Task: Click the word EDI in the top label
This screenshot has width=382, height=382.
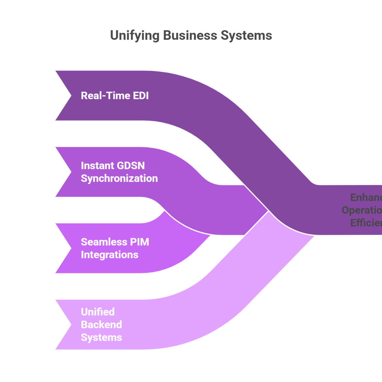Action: pos(141,95)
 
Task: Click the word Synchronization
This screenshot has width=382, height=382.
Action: pos(119,178)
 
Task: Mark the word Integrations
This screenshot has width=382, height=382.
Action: pos(110,255)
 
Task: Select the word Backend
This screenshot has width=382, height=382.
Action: pos(101,325)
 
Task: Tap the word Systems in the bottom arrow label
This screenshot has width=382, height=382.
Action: pos(101,337)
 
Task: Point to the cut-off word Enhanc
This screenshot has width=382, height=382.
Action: pos(366,197)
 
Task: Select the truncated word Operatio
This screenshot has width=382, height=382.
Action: pos(362,210)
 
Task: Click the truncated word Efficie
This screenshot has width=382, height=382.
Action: pos(366,223)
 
